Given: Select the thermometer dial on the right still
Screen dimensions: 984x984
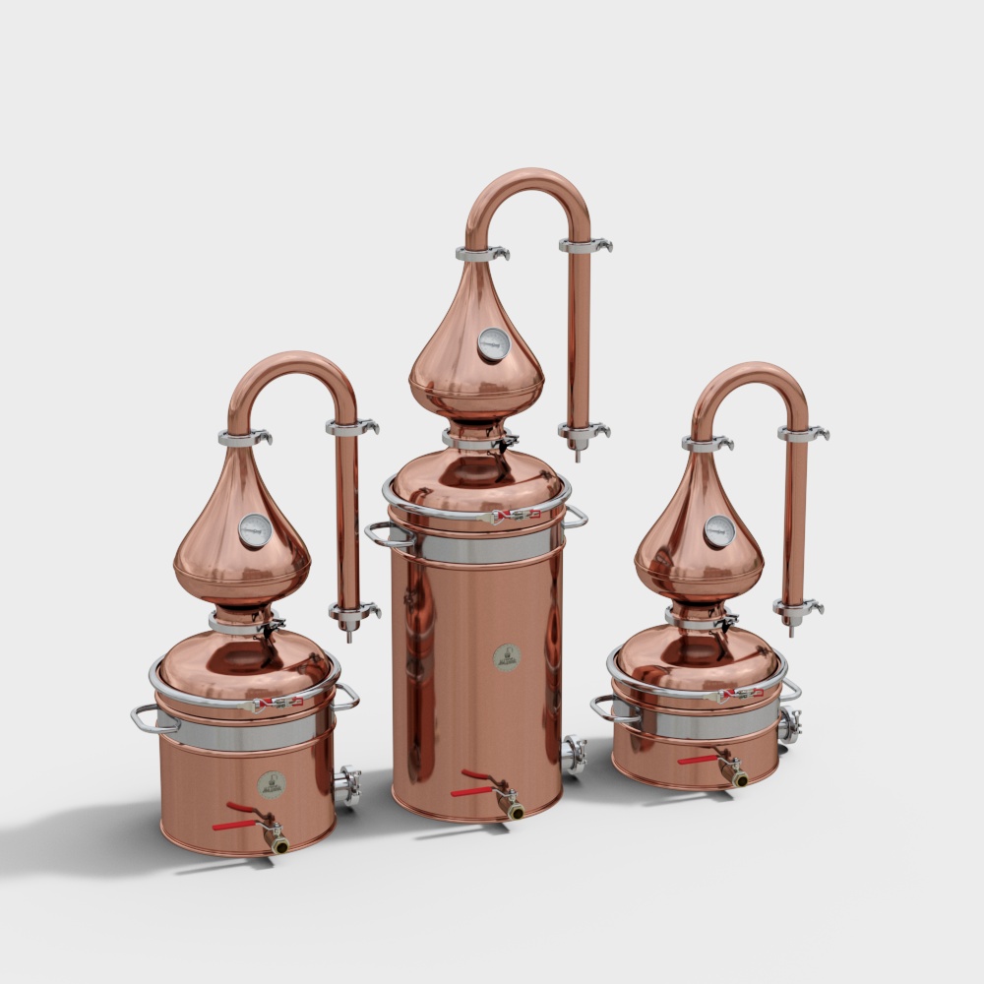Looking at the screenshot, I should point(718,531).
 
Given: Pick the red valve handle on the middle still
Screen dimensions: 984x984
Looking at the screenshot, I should point(474,784).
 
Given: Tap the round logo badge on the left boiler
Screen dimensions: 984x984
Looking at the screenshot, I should point(271,784).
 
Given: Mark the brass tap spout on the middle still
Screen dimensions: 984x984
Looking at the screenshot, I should point(514,811).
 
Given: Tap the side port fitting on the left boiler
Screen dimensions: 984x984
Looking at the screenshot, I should point(349,785).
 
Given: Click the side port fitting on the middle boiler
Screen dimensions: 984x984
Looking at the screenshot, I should point(574,756).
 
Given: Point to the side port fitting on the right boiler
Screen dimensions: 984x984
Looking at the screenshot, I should point(789,726).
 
